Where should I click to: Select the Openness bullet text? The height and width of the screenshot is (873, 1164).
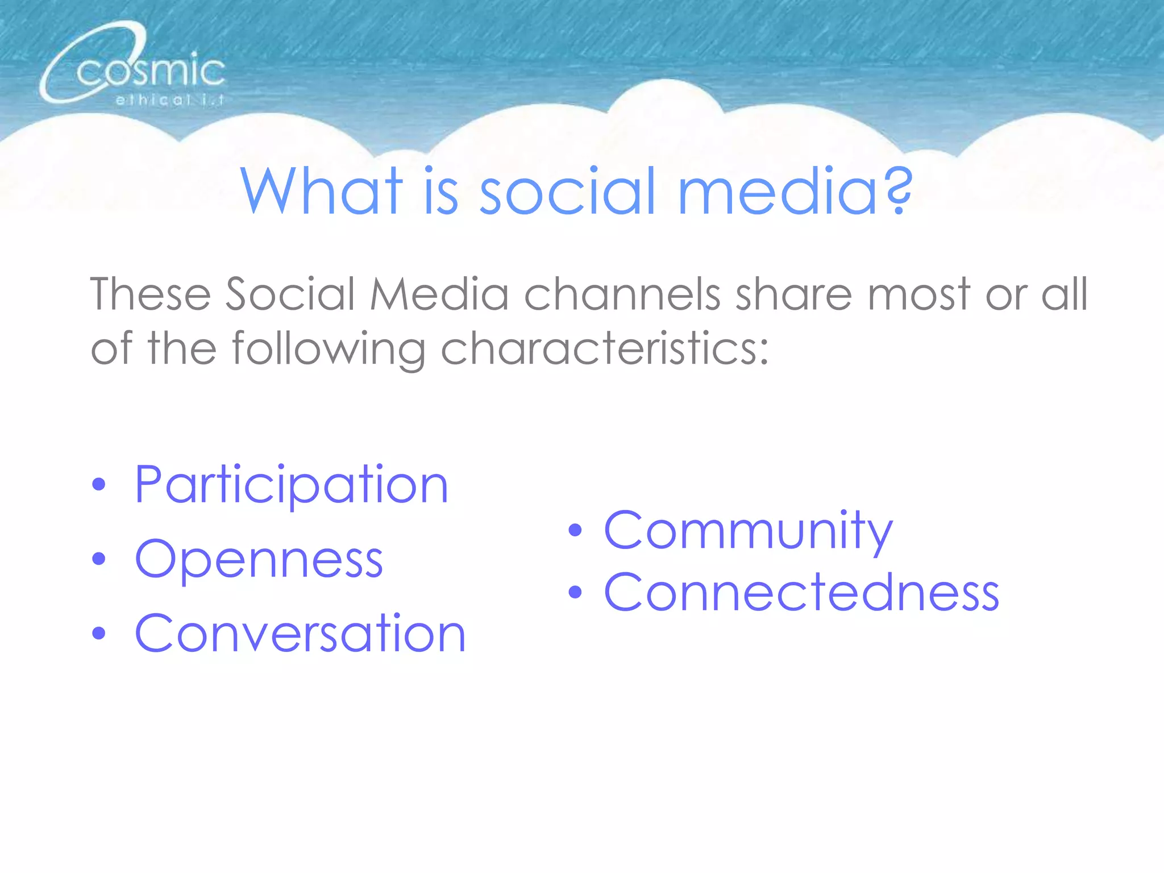[x=259, y=560]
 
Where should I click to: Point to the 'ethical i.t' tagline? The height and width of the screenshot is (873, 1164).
[x=169, y=101]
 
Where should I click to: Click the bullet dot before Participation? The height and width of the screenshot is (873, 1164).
[x=99, y=485]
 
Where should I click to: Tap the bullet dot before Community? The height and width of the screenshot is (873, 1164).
[x=575, y=530]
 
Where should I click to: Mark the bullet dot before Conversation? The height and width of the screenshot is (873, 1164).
[x=99, y=634]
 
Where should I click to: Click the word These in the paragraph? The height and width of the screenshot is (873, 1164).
[x=151, y=294]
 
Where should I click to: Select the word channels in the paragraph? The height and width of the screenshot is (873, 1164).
[x=622, y=294]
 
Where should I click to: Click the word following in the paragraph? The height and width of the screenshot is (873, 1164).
[x=329, y=348]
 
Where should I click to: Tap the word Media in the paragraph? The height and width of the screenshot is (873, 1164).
[x=439, y=294]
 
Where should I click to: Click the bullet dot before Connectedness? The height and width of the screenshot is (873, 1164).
[x=575, y=593]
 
